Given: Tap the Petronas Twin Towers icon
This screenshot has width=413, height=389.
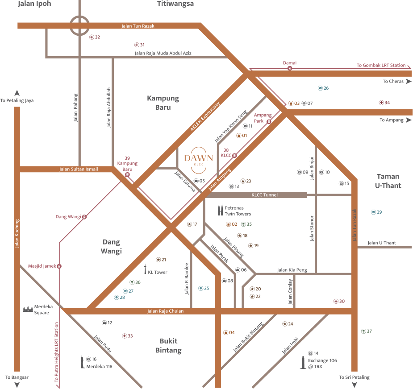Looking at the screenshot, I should coord(220,211).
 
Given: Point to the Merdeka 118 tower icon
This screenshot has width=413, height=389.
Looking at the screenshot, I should coord(82,361).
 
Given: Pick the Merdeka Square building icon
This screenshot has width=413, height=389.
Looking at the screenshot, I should coord(29,309).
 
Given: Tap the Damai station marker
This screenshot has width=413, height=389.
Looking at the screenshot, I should coord(290,68).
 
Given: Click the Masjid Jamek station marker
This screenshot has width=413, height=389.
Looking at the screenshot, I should coord(59,266).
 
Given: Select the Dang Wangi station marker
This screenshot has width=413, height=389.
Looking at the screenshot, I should coord(84,217).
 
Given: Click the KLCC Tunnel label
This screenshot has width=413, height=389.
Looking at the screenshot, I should coord(264,195).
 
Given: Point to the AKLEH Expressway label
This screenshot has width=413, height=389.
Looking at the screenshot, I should coord(205,117).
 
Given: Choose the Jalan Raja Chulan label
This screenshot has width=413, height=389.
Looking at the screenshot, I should coord(165,311).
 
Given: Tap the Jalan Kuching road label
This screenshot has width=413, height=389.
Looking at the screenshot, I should coord(17,233).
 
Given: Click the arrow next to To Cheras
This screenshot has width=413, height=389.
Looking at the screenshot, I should coord(409,81).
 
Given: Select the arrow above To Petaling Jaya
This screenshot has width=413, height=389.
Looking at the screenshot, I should coord(17,93).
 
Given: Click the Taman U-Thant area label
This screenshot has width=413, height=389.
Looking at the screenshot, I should coord(388,181).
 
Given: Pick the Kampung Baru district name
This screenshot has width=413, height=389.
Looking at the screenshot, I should coord(163,103).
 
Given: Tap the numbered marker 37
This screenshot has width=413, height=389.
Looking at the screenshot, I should coord(363,331).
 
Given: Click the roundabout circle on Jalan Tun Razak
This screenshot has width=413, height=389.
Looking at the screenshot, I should coord(79,25).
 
